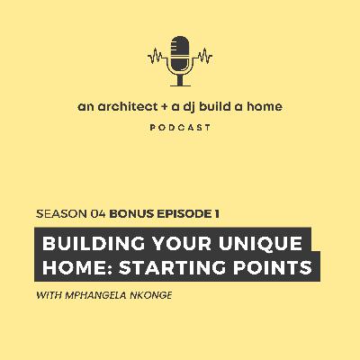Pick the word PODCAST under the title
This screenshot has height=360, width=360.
pos(181,127)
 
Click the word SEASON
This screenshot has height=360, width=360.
pos(60,214)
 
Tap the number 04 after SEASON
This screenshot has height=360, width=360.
pos(97,214)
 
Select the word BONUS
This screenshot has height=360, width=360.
pos(130,214)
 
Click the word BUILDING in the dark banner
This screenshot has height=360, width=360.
pos(86,242)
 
